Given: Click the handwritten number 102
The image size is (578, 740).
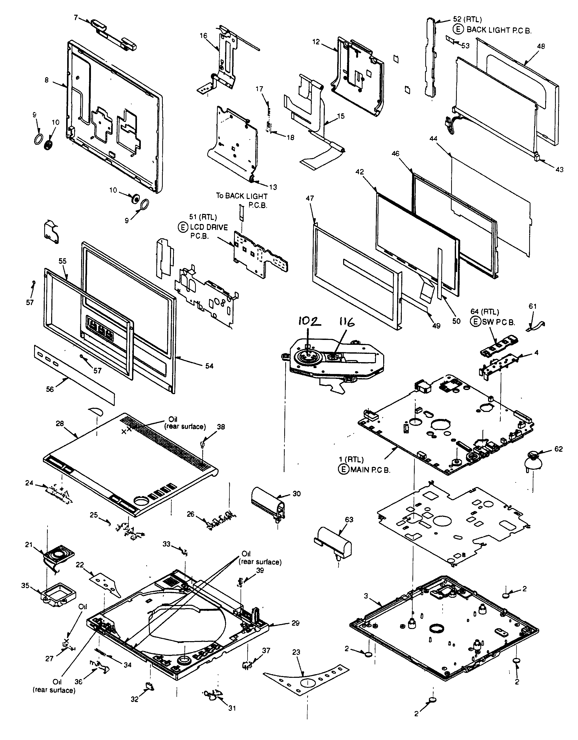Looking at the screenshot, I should pyautogui.click(x=309, y=321).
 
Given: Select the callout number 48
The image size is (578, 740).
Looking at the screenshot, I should pyautogui.click(x=541, y=46).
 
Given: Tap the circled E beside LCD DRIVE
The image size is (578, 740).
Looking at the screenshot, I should pyautogui.click(x=183, y=227).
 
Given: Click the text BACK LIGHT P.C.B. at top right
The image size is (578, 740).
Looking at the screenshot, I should pyautogui.click(x=499, y=30).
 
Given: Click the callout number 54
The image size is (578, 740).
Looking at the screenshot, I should pyautogui.click(x=209, y=366).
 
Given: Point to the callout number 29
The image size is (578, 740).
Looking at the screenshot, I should pyautogui.click(x=295, y=623).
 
